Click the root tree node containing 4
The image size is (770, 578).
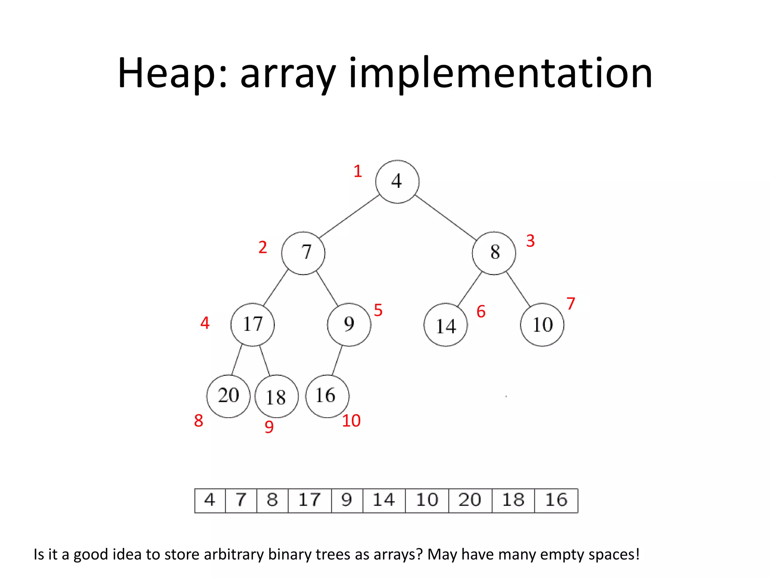397,182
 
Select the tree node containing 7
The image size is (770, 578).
303,253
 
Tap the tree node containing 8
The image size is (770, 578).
494,253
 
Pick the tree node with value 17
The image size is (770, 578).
252,324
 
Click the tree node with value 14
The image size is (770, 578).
446,325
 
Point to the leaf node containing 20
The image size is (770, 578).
228,396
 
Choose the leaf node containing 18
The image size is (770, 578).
276,396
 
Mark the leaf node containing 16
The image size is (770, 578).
327,396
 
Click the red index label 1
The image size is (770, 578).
358,171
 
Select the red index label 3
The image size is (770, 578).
530,241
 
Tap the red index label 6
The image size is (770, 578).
481,312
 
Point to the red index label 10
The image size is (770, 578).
351,421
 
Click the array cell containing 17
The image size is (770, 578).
309,500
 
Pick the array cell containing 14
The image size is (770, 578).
384,500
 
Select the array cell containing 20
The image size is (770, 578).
470,500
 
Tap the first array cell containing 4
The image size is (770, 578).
210,500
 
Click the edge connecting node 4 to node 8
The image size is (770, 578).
446,218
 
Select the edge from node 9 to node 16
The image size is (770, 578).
337,360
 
